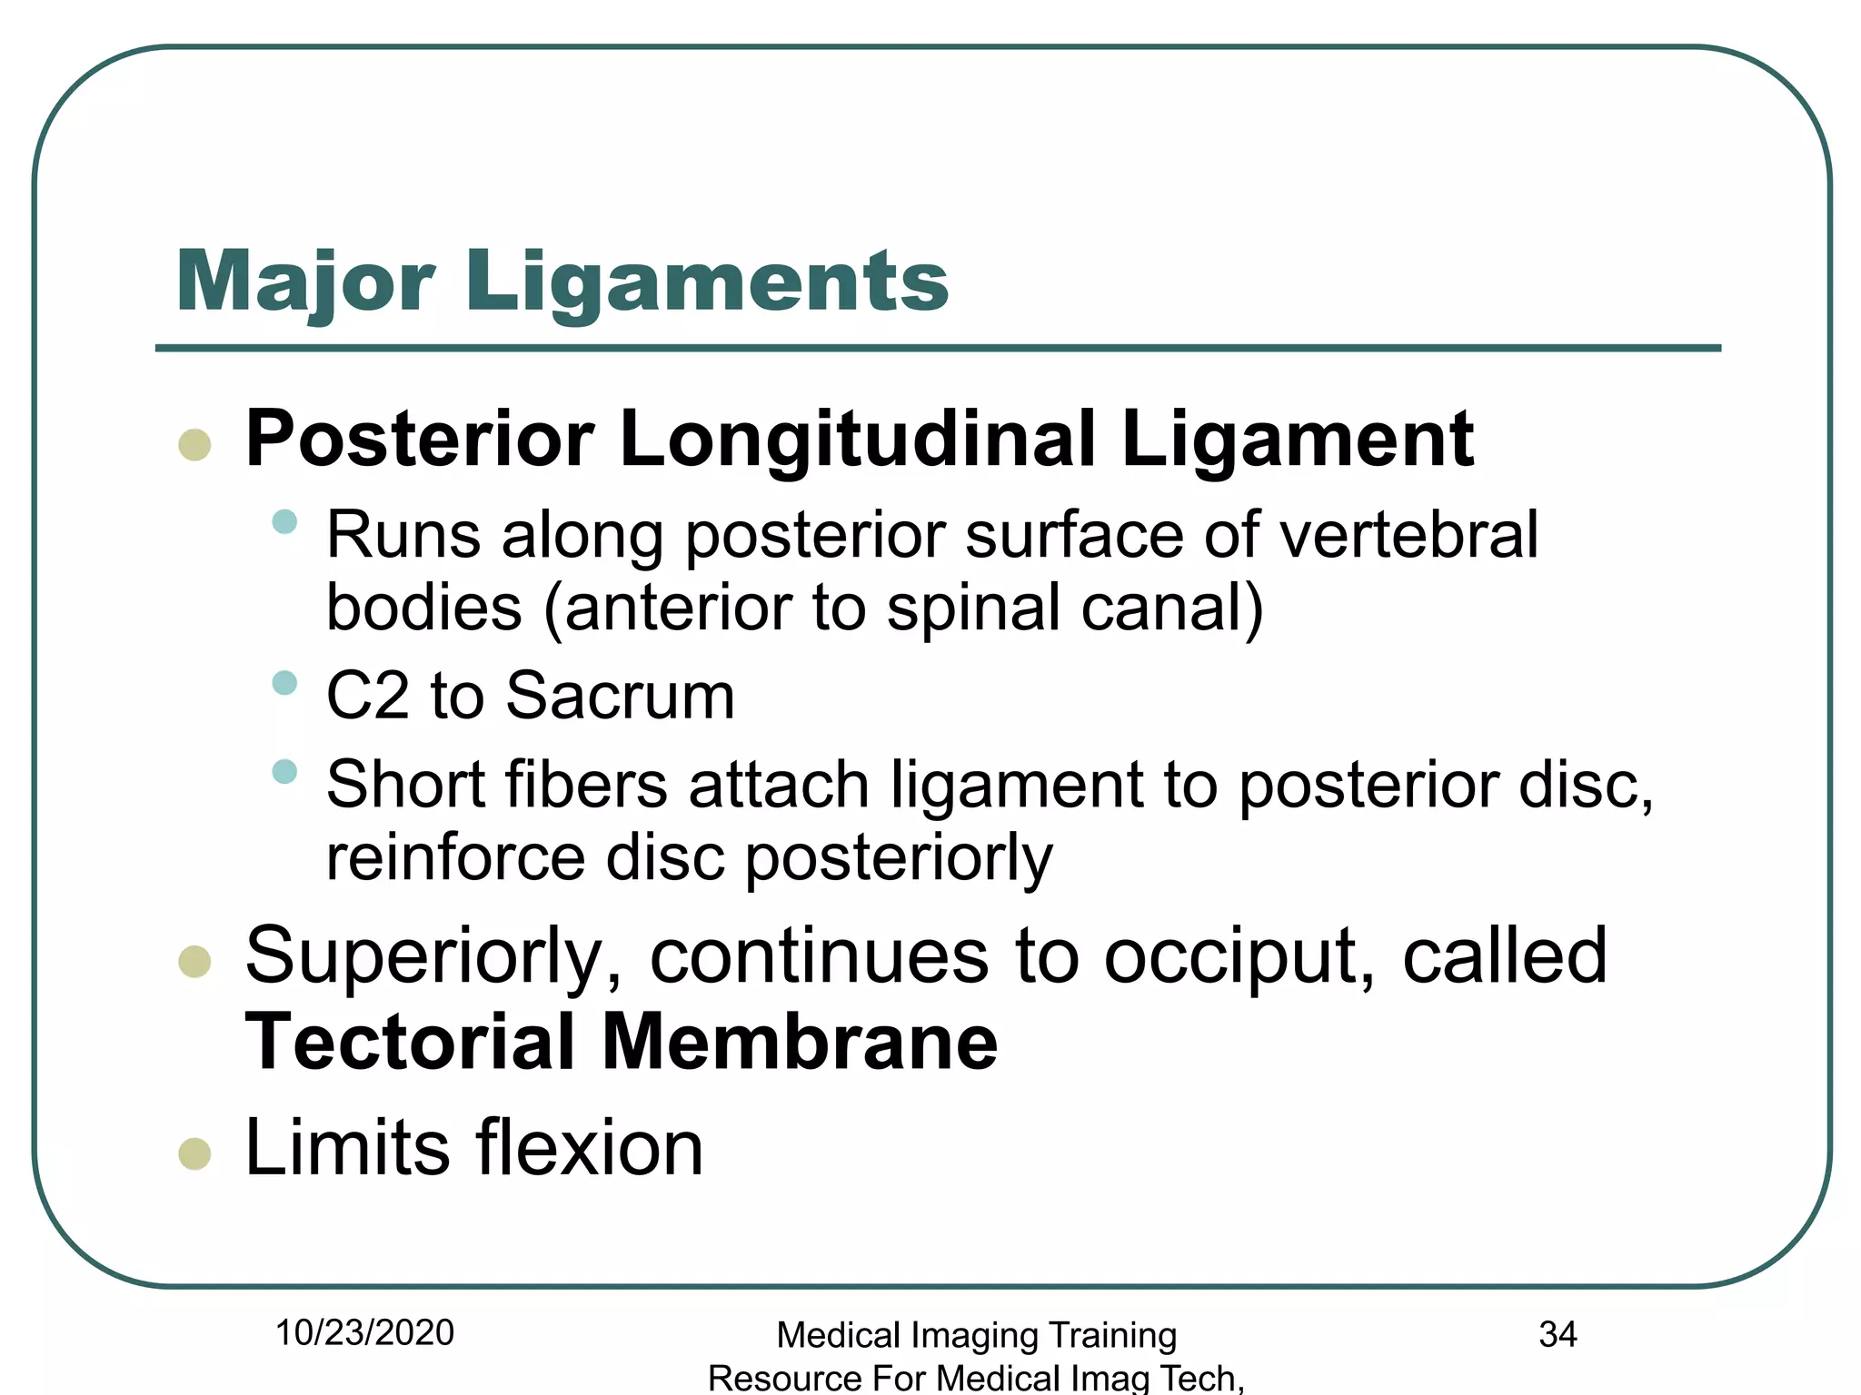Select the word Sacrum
click(x=620, y=696)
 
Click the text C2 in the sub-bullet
click(x=367, y=696)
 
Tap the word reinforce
click(x=455, y=857)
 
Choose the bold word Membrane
click(x=800, y=1043)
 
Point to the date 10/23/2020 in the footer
click(x=364, y=1333)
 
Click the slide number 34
click(x=1557, y=1334)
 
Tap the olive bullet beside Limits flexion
click(x=194, y=1153)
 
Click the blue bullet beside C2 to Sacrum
click(x=284, y=682)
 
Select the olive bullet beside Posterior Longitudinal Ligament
click(x=194, y=445)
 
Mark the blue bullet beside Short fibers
click(x=284, y=771)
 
